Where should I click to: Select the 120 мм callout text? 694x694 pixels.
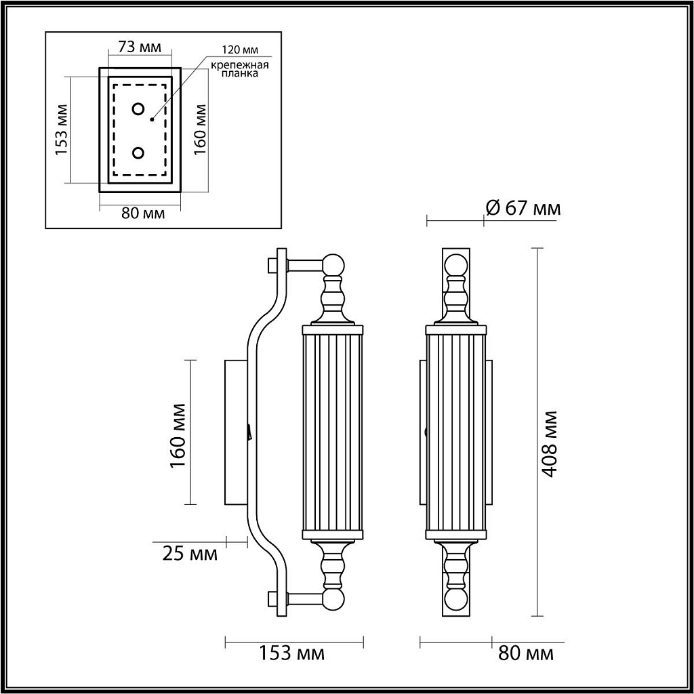click(x=241, y=50)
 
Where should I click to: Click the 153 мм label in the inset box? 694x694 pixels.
click(x=62, y=130)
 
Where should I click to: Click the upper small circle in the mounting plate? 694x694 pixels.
click(x=139, y=109)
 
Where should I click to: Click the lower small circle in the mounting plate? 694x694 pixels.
click(x=139, y=153)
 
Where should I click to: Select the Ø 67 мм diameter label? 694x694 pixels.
click(x=523, y=208)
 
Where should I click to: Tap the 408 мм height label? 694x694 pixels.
click(x=550, y=444)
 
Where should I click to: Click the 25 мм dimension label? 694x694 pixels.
click(x=190, y=554)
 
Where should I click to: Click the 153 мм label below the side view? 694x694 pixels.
click(x=292, y=654)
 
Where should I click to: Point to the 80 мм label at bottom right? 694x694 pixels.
click(x=526, y=654)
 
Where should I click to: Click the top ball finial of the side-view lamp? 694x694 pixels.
click(x=333, y=264)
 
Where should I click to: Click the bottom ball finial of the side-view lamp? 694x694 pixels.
click(x=333, y=599)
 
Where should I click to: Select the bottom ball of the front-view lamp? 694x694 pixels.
click(x=456, y=600)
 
